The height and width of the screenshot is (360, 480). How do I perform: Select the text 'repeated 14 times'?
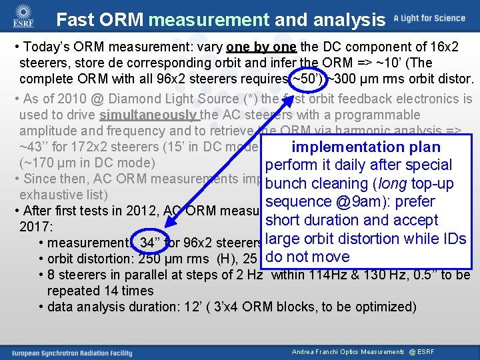(x=100, y=291)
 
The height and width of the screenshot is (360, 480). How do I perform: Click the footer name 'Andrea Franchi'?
(x=314, y=351)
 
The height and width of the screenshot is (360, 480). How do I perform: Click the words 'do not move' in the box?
(x=307, y=257)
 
